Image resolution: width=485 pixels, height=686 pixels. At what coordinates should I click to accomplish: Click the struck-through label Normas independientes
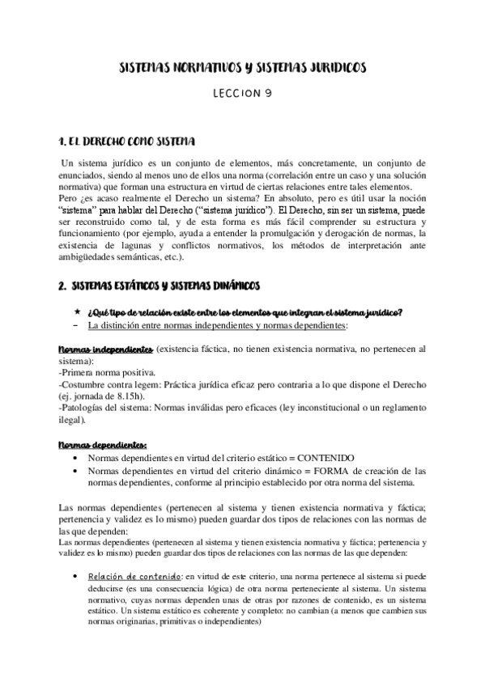106,349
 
